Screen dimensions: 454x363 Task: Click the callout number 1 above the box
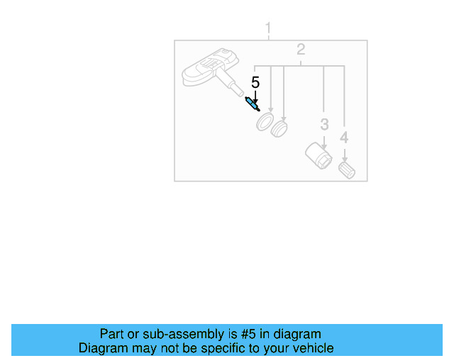[x=268, y=28]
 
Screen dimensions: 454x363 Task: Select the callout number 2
[x=301, y=50]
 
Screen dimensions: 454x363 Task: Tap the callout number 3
[x=324, y=125]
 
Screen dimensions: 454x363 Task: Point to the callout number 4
[x=344, y=137]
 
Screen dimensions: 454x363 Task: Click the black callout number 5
[x=255, y=83]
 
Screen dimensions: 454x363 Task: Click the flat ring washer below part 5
[x=265, y=122]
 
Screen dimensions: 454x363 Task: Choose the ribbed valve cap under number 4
[x=347, y=170]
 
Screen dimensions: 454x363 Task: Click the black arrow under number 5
[x=255, y=95]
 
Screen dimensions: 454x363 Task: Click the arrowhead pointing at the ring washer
[x=270, y=107]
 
